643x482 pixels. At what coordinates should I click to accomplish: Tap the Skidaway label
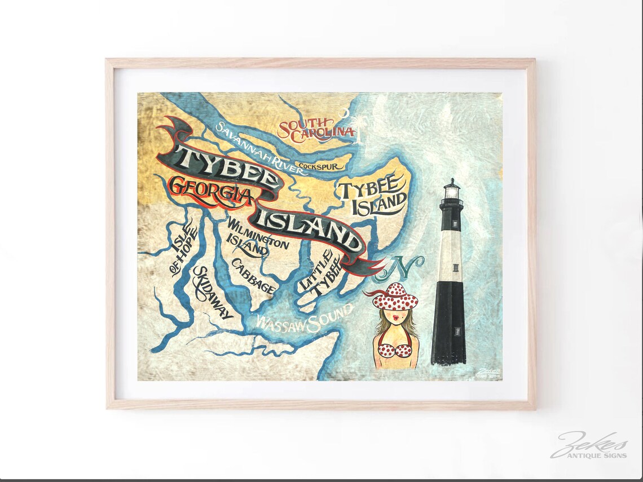[212, 294]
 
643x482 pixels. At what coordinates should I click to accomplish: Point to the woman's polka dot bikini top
[394, 349]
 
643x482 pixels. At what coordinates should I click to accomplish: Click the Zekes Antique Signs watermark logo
[588, 445]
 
